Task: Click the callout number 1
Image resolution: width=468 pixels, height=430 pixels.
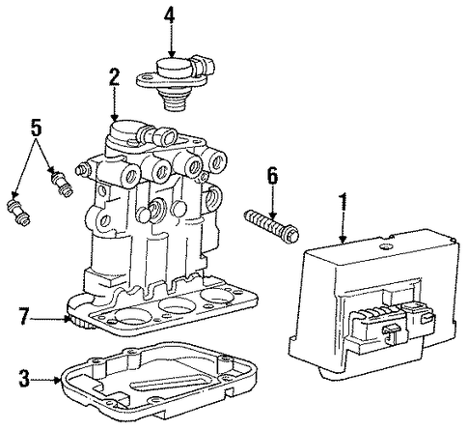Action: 344,202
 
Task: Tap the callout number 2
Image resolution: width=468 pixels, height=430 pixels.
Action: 114,76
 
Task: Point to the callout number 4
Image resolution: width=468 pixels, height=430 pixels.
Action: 170,15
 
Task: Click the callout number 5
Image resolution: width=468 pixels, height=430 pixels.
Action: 36,127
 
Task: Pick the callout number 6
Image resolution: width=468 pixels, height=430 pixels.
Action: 272,176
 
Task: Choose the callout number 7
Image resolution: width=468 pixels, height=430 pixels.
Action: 24,316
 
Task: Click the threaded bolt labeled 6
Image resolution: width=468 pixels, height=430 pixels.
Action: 272,226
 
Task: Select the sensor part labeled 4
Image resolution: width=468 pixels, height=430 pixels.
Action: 176,83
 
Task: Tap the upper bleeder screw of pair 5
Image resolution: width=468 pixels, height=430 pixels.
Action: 63,184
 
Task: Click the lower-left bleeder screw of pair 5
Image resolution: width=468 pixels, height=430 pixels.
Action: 18,213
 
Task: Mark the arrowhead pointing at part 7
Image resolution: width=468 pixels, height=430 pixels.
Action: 67,319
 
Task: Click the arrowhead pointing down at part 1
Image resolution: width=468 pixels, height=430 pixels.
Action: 344,240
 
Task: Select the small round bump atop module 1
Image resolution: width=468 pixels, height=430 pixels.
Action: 385,247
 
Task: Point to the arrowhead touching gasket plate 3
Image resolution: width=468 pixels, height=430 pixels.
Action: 58,381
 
